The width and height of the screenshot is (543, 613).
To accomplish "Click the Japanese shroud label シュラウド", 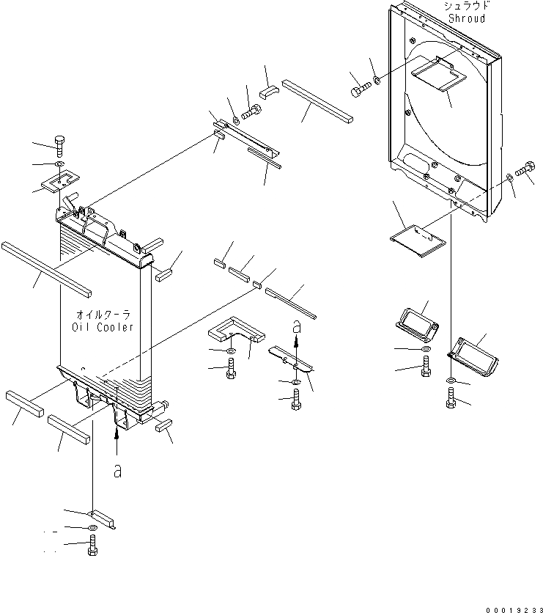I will click(466, 5).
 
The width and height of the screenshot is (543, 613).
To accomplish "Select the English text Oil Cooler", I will click(103, 327).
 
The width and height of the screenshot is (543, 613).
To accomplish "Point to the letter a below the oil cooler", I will click(117, 471).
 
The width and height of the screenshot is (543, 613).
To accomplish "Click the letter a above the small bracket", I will click(296, 325).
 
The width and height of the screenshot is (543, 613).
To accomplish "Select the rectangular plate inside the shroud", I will click(437, 77).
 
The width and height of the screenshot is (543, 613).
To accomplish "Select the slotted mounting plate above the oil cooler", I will click(60, 180).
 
